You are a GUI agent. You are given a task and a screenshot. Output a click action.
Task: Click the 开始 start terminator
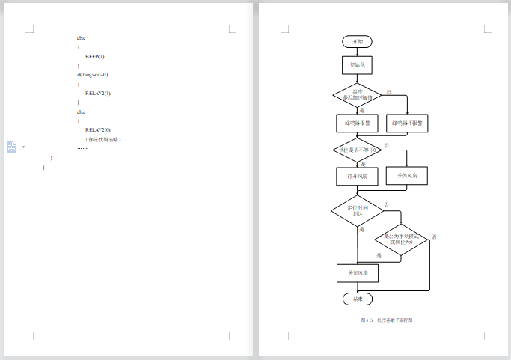[358, 41]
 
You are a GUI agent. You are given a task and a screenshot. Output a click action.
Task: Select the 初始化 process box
[358, 66]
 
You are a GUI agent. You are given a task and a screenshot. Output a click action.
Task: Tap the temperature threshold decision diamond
[358, 95]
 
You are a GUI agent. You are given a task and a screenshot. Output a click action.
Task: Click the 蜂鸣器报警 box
[358, 123]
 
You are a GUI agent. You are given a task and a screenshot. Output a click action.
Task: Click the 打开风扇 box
[358, 176]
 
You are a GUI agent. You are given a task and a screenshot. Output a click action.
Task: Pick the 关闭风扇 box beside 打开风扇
[407, 176]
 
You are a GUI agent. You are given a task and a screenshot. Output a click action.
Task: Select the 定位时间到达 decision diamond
[357, 210]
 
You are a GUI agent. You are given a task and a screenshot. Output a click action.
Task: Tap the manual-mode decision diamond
[402, 240]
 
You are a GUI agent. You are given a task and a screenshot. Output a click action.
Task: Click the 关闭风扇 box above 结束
[358, 273]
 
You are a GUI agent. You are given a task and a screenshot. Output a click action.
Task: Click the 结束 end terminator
[358, 299]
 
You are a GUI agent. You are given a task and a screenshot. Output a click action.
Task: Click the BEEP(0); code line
[96, 56]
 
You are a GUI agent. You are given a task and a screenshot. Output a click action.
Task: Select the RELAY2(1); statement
[98, 94]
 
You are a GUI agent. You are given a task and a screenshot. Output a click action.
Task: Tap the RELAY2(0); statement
[98, 129]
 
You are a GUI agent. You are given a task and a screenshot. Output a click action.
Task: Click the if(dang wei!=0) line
[93, 75]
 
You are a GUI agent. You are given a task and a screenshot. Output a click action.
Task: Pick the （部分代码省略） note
[103, 139]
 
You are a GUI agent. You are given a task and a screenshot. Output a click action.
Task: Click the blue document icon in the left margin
[12, 147]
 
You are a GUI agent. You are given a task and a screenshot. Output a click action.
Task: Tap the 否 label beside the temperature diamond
[388, 92]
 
